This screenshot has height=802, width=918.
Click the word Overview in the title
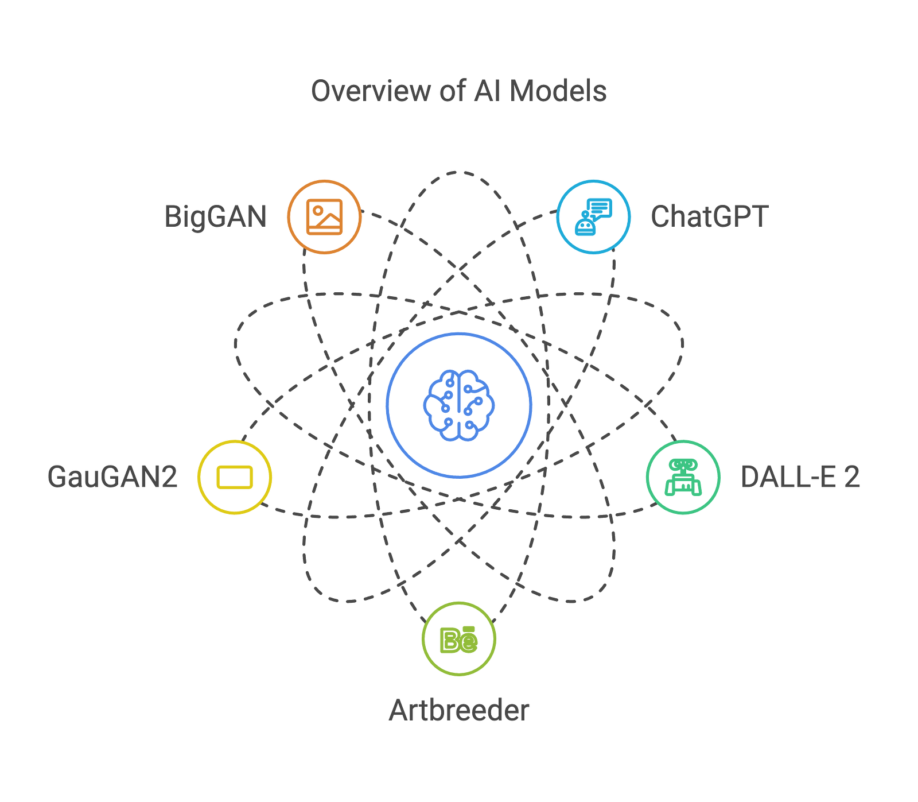tap(370, 91)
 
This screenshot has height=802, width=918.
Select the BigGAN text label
tap(216, 216)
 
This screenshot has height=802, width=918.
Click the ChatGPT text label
tap(709, 216)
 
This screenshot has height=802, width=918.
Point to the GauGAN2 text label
tap(112, 476)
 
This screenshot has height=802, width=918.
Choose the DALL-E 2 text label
tap(800, 476)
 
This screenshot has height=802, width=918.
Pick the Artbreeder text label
tap(459, 710)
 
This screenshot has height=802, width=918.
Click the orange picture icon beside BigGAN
tap(325, 216)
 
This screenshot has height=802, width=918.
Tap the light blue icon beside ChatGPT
tap(593, 216)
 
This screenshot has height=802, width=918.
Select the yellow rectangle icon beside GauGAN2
tap(235, 477)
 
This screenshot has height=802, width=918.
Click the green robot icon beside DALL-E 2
tap(683, 477)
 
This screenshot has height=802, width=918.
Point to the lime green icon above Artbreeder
tap(458, 639)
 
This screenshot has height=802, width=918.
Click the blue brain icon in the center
tap(459, 405)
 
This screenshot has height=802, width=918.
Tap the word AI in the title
tap(485, 91)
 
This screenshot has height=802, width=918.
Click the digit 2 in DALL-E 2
tap(852, 476)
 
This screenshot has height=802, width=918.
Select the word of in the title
tap(452, 91)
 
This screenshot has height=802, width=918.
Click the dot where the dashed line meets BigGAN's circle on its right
tap(363, 212)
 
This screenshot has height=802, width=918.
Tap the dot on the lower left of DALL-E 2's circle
tap(655, 505)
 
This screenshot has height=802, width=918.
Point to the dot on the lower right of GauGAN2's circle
tap(262, 505)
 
